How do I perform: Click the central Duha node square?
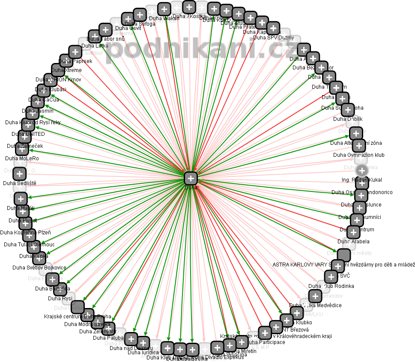pos(191,178)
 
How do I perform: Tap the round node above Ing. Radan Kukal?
pos(362,170)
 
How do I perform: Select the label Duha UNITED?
pos(28,134)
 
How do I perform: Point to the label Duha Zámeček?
pos(25,146)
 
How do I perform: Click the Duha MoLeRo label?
pos(22,159)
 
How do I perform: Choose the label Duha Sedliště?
pos(20,183)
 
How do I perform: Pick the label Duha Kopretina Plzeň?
pos(25,233)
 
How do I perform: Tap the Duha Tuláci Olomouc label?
pos(29,245)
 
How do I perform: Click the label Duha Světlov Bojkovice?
pos(39,268)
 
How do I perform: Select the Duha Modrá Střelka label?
pos(87,324)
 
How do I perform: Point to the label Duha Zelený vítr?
pos(98,332)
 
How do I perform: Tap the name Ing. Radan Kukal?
pos(362,180)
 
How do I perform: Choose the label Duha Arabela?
pos(353,242)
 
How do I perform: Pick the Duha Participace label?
pos(266,342)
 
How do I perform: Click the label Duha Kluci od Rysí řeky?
pos(33,123)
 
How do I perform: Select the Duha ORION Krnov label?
pos(58,79)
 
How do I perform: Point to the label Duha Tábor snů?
pos(105,39)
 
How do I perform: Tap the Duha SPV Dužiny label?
pos(274,38)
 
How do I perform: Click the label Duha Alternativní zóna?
pos(356,143)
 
